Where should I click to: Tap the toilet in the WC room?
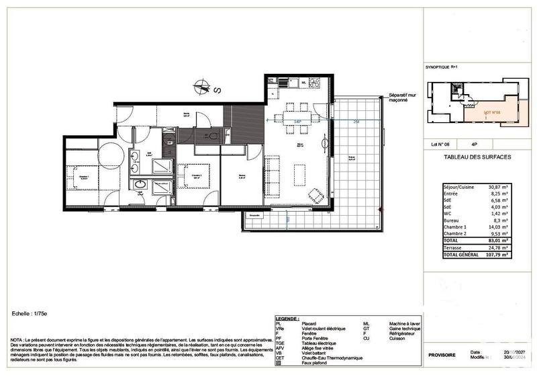coord(213,135)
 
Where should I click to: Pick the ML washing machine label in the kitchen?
coord(303,83)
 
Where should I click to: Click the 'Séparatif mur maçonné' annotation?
coord(401,97)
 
